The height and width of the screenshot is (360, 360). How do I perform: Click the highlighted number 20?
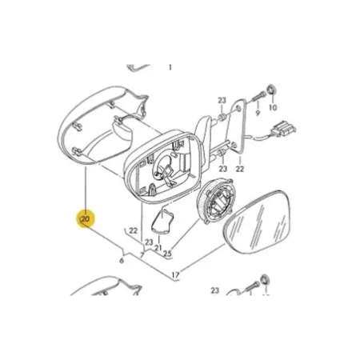(86, 219)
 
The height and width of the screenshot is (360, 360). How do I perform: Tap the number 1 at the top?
(170, 67)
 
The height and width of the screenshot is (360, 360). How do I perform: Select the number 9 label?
(258, 113)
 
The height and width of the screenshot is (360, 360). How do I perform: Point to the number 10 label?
(273, 107)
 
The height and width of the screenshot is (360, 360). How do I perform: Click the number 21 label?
(158, 247)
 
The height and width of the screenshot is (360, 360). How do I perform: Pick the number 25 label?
(168, 254)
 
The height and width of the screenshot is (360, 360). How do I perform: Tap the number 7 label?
(142, 255)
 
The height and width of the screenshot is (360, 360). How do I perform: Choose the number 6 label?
(122, 260)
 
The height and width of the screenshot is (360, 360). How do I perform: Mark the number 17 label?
(176, 274)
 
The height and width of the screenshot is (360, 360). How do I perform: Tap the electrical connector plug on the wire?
(285, 129)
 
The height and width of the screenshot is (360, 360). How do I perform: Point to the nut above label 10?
(272, 90)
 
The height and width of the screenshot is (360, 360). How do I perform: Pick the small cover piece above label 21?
(162, 222)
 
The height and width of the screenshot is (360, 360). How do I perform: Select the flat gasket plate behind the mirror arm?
(238, 126)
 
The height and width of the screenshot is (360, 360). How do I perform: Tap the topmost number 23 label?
(222, 101)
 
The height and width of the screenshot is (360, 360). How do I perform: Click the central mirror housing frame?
(163, 166)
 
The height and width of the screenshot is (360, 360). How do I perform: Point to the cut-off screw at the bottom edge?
(251, 289)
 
